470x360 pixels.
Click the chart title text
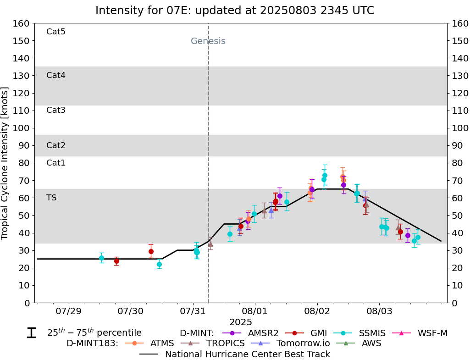coord(235,11)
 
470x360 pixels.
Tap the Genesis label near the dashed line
coord(208,41)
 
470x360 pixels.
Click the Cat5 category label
coord(56,32)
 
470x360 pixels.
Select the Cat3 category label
coord(56,110)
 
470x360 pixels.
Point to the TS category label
coord(51,198)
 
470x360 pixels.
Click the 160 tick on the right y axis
coord(460,23)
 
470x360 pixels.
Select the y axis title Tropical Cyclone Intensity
coord(5,163)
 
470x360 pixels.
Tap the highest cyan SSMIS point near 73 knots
coord(325,175)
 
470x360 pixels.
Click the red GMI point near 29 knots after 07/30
coord(151,251)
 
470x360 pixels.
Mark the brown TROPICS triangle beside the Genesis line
coord(210,244)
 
